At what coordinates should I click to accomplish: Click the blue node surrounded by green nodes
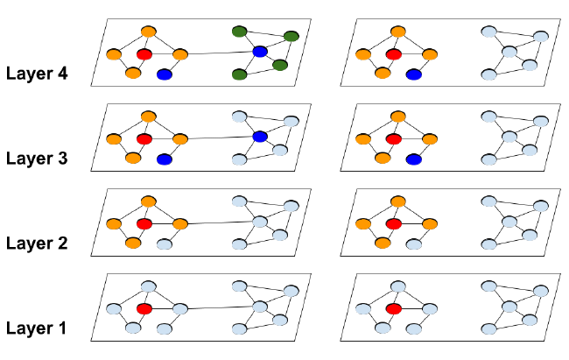click(x=259, y=53)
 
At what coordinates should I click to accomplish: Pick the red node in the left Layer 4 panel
click(x=144, y=54)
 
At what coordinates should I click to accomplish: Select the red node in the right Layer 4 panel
click(x=395, y=54)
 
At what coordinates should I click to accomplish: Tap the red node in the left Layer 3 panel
click(x=144, y=138)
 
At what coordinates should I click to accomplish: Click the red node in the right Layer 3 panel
click(x=395, y=138)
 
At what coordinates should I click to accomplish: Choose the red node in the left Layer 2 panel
click(x=144, y=224)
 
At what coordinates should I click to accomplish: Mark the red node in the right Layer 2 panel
click(x=395, y=224)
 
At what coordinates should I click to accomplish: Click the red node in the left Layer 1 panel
click(x=144, y=308)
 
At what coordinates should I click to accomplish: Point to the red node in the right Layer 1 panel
click(x=395, y=308)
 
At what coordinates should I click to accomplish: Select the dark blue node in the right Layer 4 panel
click(x=414, y=74)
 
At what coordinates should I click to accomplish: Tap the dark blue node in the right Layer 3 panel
click(x=414, y=159)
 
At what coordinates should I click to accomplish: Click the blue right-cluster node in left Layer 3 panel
click(x=259, y=137)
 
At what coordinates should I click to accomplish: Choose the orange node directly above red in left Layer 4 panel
click(x=149, y=32)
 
